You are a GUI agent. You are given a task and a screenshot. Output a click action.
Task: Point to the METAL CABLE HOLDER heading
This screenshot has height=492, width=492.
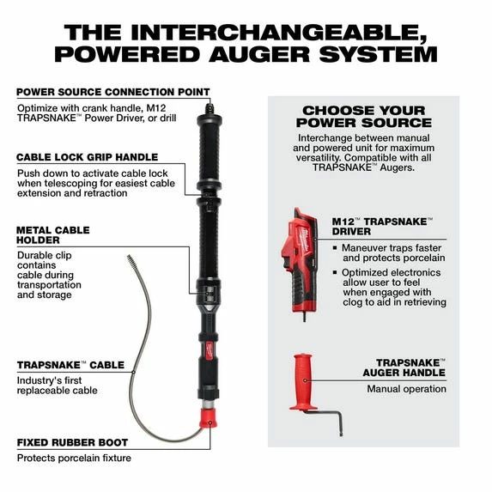tap(52, 236)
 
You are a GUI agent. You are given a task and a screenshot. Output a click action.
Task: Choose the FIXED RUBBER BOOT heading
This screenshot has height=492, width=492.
tap(73, 442)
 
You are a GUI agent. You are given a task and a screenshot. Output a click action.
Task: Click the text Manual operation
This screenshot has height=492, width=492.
tap(406, 389)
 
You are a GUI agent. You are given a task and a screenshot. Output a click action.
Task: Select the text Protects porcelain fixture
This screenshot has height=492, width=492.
tap(74, 458)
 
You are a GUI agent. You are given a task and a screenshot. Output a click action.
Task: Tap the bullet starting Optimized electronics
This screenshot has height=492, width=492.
tap(388, 287)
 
